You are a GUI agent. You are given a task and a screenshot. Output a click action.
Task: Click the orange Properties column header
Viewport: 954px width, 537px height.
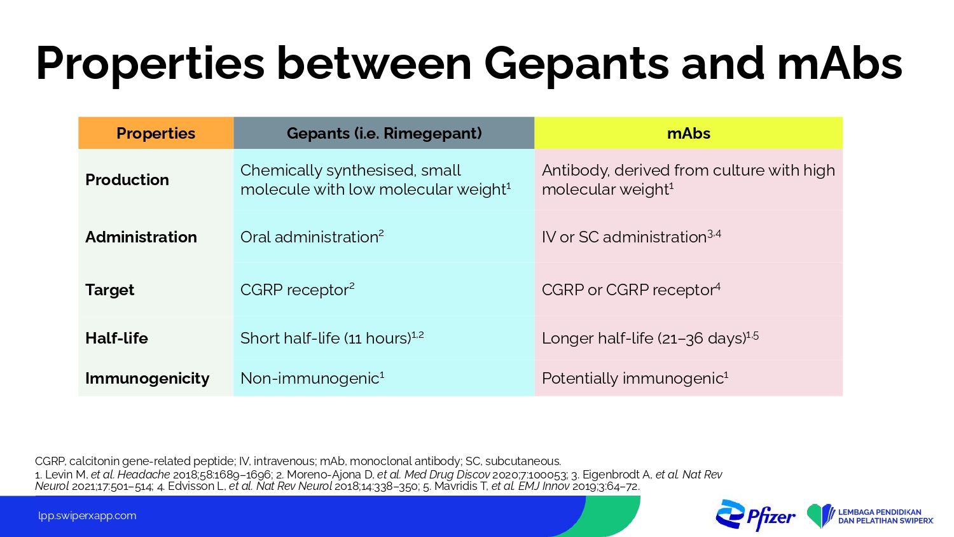pos(156,133)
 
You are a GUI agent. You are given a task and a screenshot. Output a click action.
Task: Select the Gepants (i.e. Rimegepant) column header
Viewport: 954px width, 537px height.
pos(384,133)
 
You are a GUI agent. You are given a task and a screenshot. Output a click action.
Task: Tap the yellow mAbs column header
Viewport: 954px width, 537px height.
pos(689,133)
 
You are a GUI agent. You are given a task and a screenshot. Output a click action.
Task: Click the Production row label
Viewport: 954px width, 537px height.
pos(127,180)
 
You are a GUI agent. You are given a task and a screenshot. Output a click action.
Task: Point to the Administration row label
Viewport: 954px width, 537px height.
pos(141,237)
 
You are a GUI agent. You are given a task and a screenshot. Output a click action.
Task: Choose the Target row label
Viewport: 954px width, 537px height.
pos(109,289)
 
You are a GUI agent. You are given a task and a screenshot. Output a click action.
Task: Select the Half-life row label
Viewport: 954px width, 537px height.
pos(116,338)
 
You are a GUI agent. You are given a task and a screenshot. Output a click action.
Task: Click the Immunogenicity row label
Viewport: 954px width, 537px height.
pos(147,379)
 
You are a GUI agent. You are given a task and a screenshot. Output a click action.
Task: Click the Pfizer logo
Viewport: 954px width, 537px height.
pos(755,515)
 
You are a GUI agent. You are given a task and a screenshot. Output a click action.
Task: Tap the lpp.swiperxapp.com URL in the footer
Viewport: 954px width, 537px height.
pos(87,516)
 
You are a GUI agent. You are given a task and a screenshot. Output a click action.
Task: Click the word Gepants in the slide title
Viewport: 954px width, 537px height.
pos(576,64)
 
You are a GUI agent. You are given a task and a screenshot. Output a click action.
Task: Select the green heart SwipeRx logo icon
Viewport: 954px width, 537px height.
pos(820,516)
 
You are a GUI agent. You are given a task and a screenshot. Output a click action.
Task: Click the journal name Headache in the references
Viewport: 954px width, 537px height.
pos(144,475)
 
